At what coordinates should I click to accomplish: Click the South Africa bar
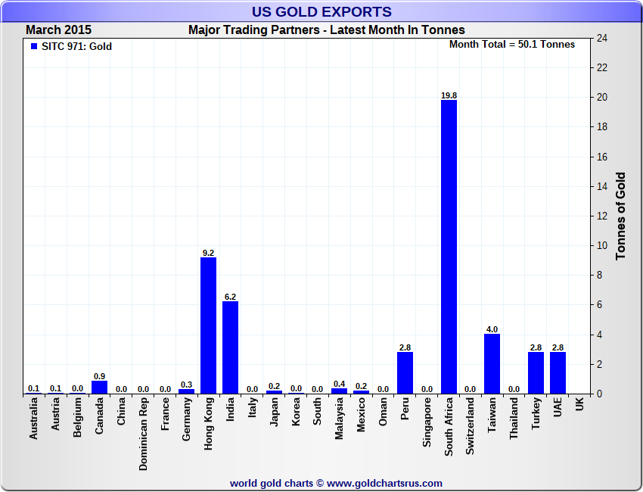point(449,247)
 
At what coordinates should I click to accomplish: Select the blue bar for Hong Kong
point(208,325)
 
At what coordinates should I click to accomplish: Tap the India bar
point(230,347)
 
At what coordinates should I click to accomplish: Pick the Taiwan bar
point(492,364)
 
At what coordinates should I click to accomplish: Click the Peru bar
point(405,372)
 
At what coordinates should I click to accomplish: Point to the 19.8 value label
point(449,95)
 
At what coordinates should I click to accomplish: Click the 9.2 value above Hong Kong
point(208,253)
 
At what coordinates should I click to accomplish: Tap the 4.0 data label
point(492,329)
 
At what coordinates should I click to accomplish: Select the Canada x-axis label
point(99,417)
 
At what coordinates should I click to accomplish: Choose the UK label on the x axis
point(579,405)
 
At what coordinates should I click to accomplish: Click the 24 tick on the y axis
point(602,39)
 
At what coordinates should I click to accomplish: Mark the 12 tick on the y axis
point(602,216)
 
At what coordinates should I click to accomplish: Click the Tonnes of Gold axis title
point(621,216)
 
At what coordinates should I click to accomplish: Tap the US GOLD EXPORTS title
point(321,11)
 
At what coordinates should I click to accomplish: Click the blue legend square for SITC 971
point(33,46)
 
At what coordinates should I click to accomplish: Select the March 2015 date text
point(58,30)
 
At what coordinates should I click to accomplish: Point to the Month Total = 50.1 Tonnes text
point(512,45)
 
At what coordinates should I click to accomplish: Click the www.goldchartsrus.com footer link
point(384,483)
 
